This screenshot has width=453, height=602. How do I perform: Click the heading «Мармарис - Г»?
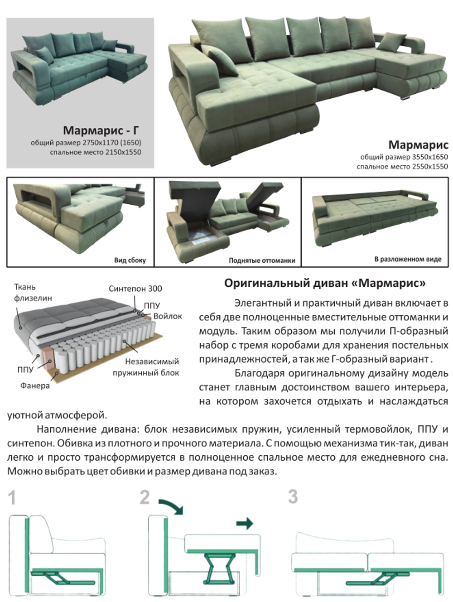click(101, 131)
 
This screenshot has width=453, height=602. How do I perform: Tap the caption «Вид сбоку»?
click(130, 260)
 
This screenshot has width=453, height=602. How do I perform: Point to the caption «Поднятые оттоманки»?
click(262, 260)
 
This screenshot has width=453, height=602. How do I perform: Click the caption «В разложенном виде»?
click(408, 259)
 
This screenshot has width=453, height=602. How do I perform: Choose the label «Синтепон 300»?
click(135, 289)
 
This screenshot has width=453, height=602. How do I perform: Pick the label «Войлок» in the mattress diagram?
click(168, 316)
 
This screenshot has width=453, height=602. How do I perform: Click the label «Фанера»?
click(35, 385)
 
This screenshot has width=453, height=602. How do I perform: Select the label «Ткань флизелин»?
click(33, 293)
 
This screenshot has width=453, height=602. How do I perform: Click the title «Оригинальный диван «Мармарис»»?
click(325, 284)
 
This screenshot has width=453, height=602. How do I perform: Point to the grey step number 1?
click(12, 498)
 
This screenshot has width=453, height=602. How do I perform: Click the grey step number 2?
click(145, 497)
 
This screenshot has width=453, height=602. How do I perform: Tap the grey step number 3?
click(293, 496)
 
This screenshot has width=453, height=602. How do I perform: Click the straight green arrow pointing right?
click(245, 524)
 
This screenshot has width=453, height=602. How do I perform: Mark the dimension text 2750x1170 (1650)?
click(111, 143)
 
